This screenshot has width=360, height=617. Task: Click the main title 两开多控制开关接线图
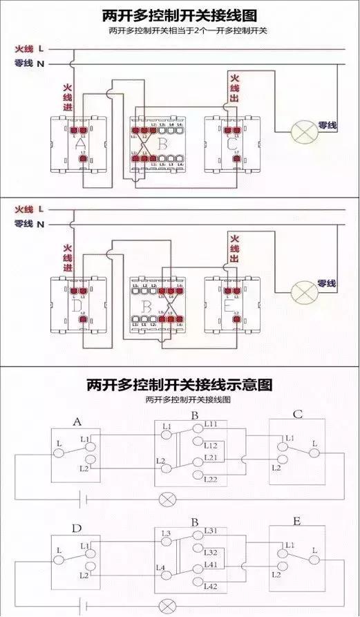180,15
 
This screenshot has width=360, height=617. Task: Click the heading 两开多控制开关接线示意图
180,383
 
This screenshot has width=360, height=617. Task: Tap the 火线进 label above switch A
68,99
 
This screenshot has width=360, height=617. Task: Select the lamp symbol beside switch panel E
303,291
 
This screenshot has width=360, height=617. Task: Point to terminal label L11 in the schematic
211,424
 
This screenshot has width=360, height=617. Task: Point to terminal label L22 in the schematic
211,479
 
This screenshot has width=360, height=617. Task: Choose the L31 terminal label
211,531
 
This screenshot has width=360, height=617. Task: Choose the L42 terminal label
211,586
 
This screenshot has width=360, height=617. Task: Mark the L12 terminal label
211,445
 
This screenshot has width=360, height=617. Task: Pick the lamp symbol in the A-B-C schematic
166,498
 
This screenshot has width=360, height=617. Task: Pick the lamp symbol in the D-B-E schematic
166,606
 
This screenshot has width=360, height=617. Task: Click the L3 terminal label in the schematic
167,533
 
